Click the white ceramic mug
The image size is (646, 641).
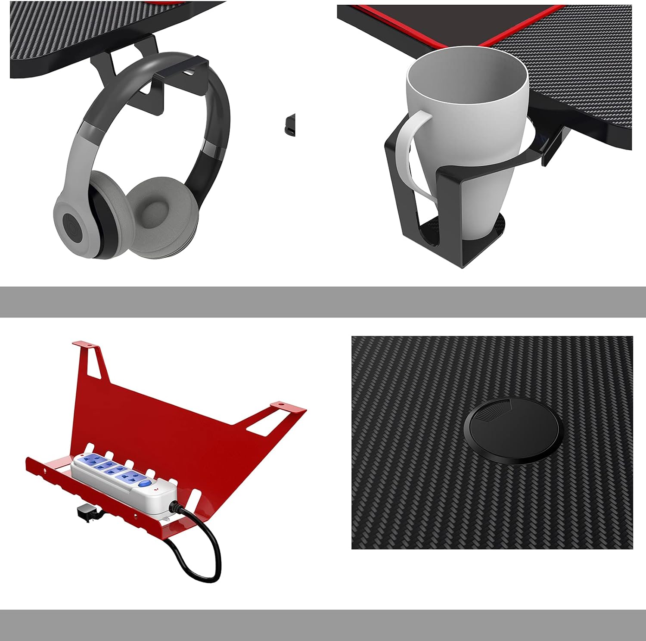pos(467,108)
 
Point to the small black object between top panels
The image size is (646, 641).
pos(290,125)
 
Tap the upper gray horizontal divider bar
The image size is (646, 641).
pos(323,302)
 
